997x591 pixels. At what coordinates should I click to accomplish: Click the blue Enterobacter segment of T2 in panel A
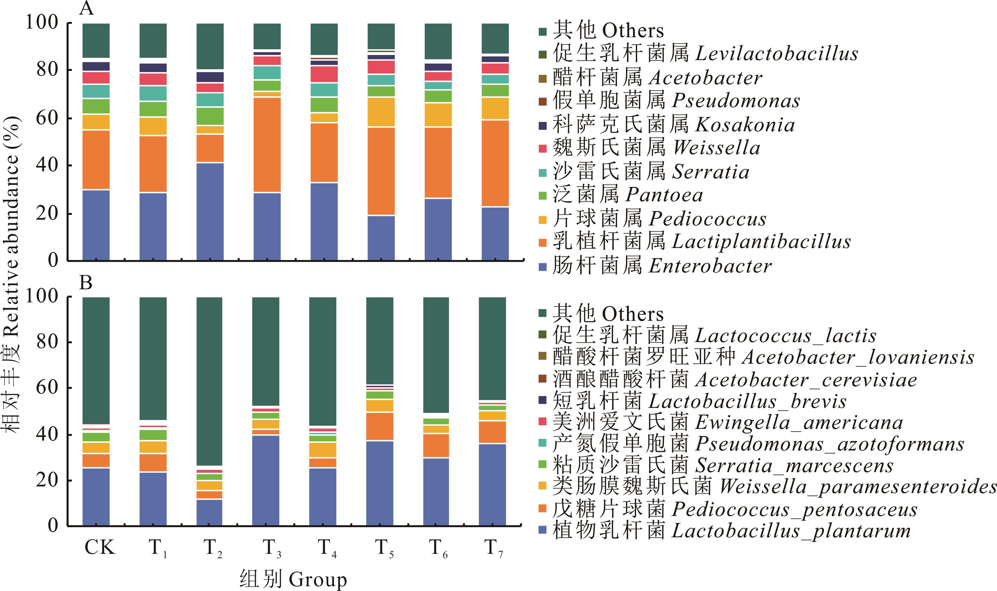pos(210,211)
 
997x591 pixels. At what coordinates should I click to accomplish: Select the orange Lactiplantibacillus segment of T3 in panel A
pos(267,145)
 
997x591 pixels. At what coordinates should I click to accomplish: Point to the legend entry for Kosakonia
pos(673,125)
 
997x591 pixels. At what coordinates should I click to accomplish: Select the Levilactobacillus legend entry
pos(705,54)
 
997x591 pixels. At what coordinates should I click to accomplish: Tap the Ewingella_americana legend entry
pos(727,423)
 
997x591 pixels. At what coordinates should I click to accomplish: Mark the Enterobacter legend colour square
pos(543,266)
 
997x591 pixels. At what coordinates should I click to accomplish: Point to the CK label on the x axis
pos(100,547)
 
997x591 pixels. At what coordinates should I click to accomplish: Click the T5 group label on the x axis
pos(383,548)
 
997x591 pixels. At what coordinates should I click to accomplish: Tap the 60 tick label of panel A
pos(47,118)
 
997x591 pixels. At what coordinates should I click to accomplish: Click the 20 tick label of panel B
pos(47,480)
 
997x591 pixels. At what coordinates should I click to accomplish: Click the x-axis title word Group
pos(317,580)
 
